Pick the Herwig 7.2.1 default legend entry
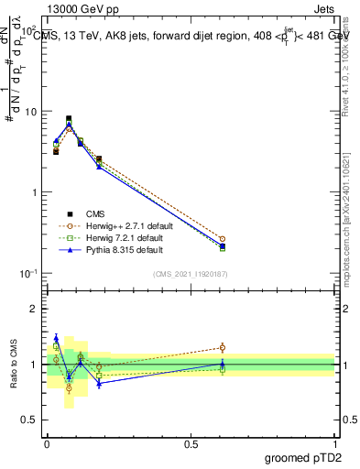[x=117, y=236]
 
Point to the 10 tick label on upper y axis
[x=30, y=112]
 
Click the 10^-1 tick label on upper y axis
[x=28, y=274]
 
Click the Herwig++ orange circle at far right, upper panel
[x=223, y=239]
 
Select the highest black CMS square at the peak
[x=69, y=118]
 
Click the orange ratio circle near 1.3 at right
[x=223, y=347]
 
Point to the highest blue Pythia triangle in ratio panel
[x=56, y=338]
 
